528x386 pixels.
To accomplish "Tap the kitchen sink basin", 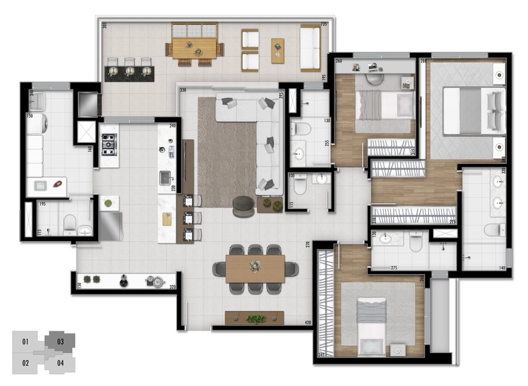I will pos(165,177).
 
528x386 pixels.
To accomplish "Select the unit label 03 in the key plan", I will pos(60,341).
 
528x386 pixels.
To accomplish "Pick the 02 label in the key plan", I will pos(25,362).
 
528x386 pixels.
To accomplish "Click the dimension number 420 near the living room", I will pos(307,323).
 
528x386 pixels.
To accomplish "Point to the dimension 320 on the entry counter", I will pos(172,287).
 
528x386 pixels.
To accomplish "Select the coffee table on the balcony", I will pos(277,50).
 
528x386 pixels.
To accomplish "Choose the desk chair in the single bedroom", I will pos(374,78).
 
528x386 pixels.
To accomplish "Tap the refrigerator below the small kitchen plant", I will pos(110,226).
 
